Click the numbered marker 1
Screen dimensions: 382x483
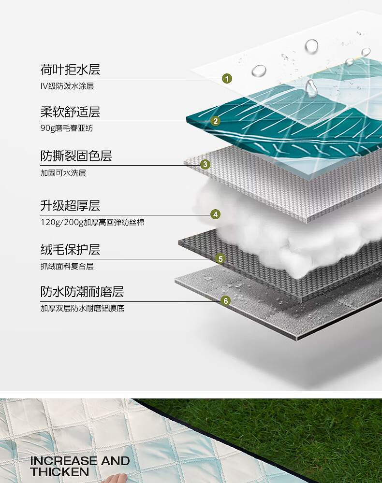[x=227, y=79]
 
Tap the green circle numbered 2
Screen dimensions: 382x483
[x=216, y=121]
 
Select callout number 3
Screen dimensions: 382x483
[x=206, y=165]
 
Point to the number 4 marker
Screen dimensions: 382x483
[x=216, y=214]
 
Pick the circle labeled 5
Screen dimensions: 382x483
[x=220, y=259]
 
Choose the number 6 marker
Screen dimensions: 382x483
[x=225, y=301]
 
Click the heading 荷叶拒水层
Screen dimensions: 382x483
[x=70, y=70]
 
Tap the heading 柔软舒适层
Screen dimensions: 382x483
[x=70, y=112]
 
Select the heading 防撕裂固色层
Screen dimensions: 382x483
[x=76, y=156]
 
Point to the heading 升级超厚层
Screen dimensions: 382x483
[x=70, y=206]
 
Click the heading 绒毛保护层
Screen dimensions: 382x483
[x=70, y=250]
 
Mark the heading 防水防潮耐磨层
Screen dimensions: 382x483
[x=82, y=292]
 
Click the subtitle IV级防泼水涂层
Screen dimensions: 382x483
[x=67, y=86]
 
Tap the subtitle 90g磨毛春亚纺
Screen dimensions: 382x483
[x=66, y=128]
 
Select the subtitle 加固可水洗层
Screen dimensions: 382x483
[x=63, y=173]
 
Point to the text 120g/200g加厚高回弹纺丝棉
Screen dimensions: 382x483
[x=92, y=223]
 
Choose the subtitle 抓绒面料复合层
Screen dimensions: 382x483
[x=67, y=266]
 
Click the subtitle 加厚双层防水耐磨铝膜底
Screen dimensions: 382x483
[x=82, y=308]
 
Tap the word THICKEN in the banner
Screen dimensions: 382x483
[x=59, y=472]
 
